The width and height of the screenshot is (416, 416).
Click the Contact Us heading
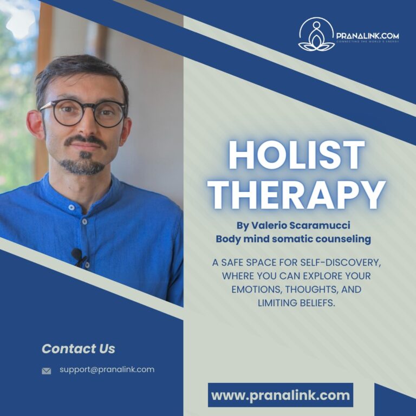click(79, 349)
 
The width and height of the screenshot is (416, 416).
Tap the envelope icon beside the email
click(47, 371)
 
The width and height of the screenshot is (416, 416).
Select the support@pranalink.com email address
click(107, 369)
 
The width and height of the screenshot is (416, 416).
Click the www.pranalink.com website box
click(281, 395)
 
